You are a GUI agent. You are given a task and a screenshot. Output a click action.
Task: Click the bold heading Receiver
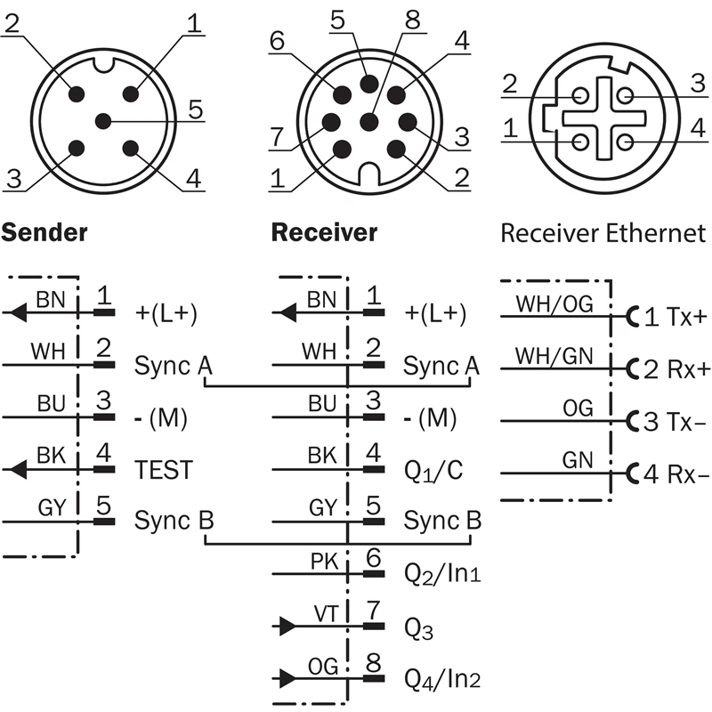pos(324,233)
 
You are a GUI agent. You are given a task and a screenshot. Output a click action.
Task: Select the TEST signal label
pos(163,469)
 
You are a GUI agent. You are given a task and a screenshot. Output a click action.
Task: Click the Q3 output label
pos(418,628)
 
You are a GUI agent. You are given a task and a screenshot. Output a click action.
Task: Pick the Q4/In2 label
pos(442,679)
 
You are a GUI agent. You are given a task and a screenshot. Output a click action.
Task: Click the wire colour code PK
pos(324,561)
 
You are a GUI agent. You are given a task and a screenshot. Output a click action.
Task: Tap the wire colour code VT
pos(325,612)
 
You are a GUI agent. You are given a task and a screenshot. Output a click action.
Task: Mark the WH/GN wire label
pos(554,355)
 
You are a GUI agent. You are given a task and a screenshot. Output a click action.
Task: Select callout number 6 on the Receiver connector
pos(276,40)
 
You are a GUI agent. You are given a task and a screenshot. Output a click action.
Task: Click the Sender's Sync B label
pos(174,521)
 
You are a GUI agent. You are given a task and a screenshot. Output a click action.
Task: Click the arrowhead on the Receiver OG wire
pos(286,678)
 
